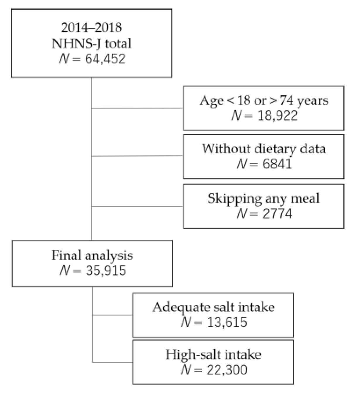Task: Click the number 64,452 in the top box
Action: (105, 59)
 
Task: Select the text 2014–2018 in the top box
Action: (91, 27)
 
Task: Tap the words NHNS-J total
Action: (91, 43)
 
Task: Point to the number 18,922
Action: (277, 115)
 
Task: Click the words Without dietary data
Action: (264, 149)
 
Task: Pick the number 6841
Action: (277, 164)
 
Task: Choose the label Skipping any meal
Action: (263, 198)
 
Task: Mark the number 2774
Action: (277, 213)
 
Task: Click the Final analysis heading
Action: (92, 255)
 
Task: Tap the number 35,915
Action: (106, 270)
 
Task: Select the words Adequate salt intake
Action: (213, 307)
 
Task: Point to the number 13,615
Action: (227, 322)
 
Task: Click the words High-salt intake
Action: (213, 354)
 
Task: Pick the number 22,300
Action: (227, 370)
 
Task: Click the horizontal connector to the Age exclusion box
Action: (137, 108)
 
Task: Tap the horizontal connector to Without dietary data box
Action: (137, 156)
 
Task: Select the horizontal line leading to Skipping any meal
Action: (137, 207)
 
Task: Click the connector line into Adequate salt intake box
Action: (113, 315)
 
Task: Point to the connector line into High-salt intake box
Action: (113, 362)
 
